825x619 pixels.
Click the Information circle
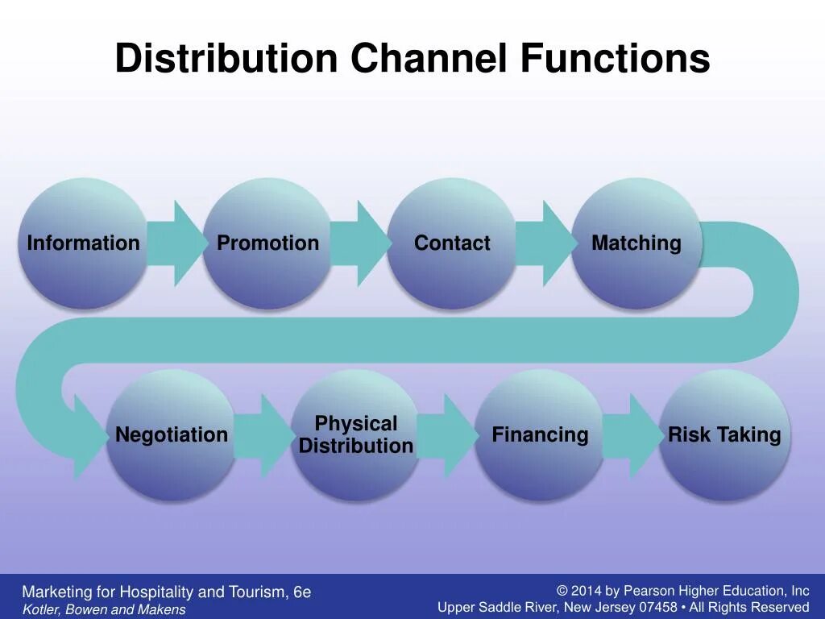point(83,243)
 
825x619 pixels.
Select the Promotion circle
point(267,243)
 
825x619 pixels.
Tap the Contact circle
point(452,243)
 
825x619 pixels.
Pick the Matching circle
point(636,243)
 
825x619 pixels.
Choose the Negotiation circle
point(172,435)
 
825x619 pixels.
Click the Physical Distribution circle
point(355,435)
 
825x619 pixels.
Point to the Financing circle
point(540,435)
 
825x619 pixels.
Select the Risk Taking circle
point(724,435)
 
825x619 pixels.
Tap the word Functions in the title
point(615,59)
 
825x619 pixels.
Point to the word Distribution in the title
point(226,59)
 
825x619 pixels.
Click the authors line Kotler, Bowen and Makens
point(104,610)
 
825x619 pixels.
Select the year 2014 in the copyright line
point(587,592)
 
